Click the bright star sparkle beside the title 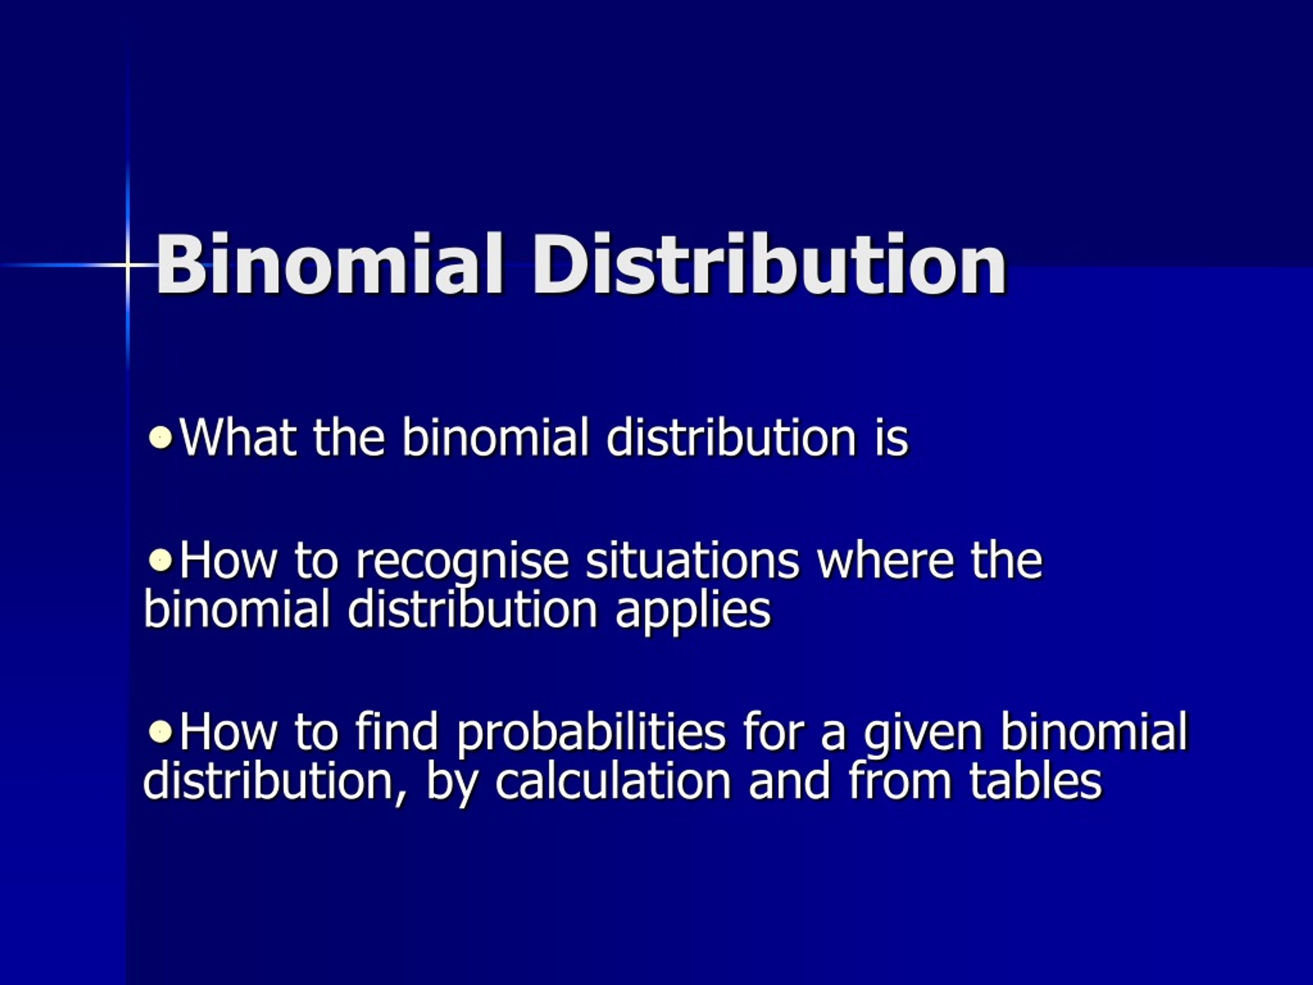click(127, 265)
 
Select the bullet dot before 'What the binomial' click(160, 438)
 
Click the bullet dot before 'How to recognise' click(160, 560)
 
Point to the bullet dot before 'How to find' click(160, 732)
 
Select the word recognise click(462, 562)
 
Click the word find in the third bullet click(396, 732)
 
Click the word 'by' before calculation click(452, 785)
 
